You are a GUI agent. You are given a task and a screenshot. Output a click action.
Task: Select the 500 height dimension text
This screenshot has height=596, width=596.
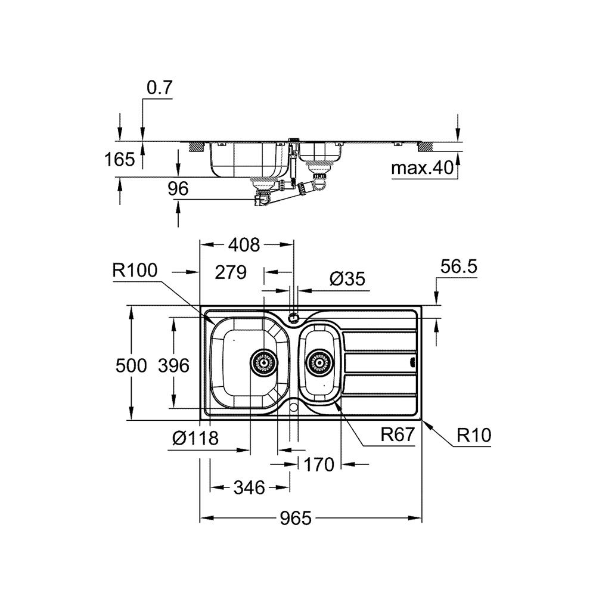(x=131, y=365)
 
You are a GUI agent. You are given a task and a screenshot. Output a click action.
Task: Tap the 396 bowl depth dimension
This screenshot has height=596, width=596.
(x=174, y=365)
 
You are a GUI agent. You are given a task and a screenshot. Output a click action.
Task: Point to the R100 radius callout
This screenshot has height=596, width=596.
(x=135, y=271)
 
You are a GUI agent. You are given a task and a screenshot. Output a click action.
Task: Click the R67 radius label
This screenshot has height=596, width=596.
(x=397, y=436)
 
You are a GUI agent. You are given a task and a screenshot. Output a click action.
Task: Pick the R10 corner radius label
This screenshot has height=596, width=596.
(x=474, y=436)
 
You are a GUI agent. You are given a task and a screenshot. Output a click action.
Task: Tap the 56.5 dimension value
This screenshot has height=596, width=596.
(x=460, y=266)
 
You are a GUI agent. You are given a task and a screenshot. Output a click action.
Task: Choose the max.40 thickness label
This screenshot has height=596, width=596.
(x=422, y=169)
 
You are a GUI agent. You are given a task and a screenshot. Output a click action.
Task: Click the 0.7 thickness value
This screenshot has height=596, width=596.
(x=159, y=88)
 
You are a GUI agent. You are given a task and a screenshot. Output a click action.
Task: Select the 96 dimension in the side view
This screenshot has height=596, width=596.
(x=178, y=189)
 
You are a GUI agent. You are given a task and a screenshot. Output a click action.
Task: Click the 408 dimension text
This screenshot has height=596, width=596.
(x=244, y=244)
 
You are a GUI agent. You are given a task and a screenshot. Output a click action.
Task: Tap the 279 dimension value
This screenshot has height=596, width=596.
(x=231, y=273)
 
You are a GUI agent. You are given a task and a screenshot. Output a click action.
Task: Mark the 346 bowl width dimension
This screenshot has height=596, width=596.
(x=249, y=488)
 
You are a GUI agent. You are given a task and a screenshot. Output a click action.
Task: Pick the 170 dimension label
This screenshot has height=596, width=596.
(x=319, y=464)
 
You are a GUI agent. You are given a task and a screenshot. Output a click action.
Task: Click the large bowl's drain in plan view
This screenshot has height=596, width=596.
(x=262, y=361)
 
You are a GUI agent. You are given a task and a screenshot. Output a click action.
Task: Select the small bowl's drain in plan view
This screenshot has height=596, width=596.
(x=318, y=361)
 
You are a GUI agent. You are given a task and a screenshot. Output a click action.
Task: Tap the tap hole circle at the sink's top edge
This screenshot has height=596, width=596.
(x=293, y=316)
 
